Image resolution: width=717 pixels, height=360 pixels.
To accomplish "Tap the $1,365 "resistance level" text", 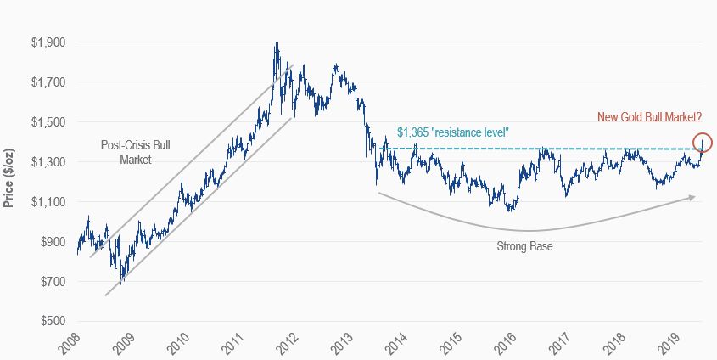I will click(452, 133).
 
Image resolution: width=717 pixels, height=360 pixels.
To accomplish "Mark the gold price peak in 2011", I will click(276, 44).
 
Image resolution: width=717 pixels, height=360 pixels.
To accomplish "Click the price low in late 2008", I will click(122, 279).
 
